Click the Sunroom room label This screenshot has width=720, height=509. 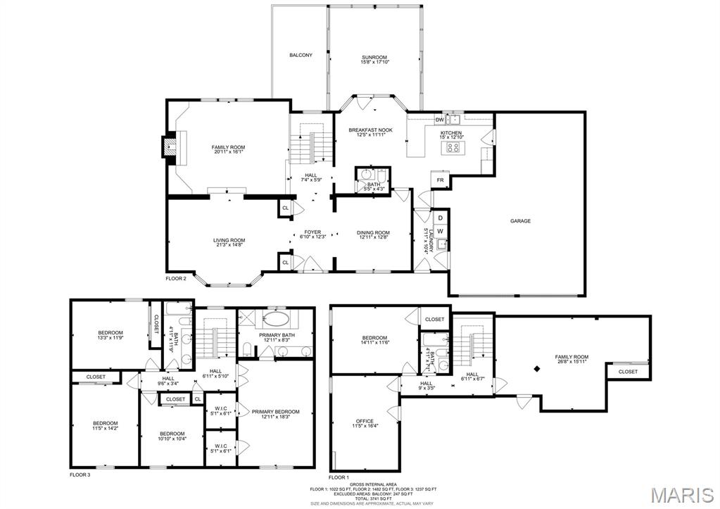coord(374,57)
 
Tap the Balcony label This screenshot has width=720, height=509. coord(301,55)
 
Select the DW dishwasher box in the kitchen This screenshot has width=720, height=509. coord(438,120)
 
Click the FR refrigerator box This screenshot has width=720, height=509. coord(440,180)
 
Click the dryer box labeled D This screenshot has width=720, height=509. coord(440,218)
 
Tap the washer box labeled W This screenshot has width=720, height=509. coord(440,231)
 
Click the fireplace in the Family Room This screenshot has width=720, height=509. coord(169,147)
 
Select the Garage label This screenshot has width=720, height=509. coord(520,221)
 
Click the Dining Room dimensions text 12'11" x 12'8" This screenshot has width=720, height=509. coord(374,237)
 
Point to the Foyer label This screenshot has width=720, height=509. coord(312,232)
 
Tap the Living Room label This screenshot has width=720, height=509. coord(229,240)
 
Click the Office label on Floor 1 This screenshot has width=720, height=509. coord(365,421)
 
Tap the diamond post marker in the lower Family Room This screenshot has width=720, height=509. coord(537,368)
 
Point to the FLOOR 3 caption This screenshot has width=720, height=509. coord(80,475)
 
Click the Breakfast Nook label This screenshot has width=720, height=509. coord(370,130)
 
